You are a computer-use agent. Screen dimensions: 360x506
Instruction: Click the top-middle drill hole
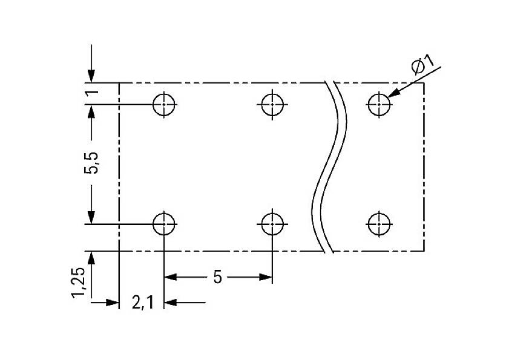[272, 104]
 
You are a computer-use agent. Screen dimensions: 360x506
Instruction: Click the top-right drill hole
[379, 104]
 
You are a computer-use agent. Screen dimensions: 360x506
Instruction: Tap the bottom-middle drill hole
[272, 224]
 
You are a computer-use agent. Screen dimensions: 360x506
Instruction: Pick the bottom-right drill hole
[379, 224]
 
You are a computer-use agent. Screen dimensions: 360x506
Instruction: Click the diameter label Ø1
[422, 65]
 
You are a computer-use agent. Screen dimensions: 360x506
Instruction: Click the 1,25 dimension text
[79, 283]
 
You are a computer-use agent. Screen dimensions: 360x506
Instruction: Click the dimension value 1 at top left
[91, 93]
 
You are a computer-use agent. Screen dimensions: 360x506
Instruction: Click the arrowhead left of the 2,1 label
[111, 301]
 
